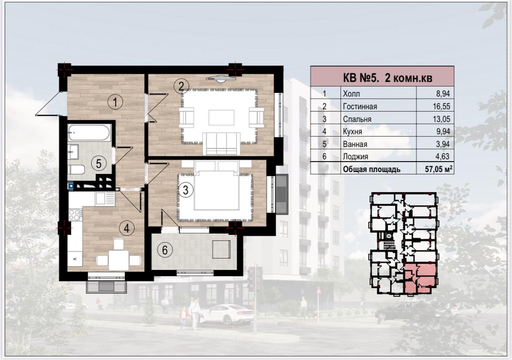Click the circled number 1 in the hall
click(115, 102)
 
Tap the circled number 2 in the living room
click(182, 87)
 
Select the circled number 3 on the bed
click(185, 189)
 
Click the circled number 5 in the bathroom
click(99, 163)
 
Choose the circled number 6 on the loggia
click(165, 250)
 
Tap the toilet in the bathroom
click(76, 170)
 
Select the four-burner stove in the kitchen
click(75, 215)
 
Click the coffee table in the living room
click(222, 117)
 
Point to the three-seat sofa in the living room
click(221, 143)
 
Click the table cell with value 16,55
click(435, 106)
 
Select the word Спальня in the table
click(357, 119)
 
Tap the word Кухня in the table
click(352, 132)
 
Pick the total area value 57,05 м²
click(439, 169)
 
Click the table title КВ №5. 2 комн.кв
click(388, 78)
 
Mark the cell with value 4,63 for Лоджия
click(442, 156)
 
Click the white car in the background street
click(226, 314)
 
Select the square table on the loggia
click(221, 250)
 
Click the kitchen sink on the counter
click(105, 198)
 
